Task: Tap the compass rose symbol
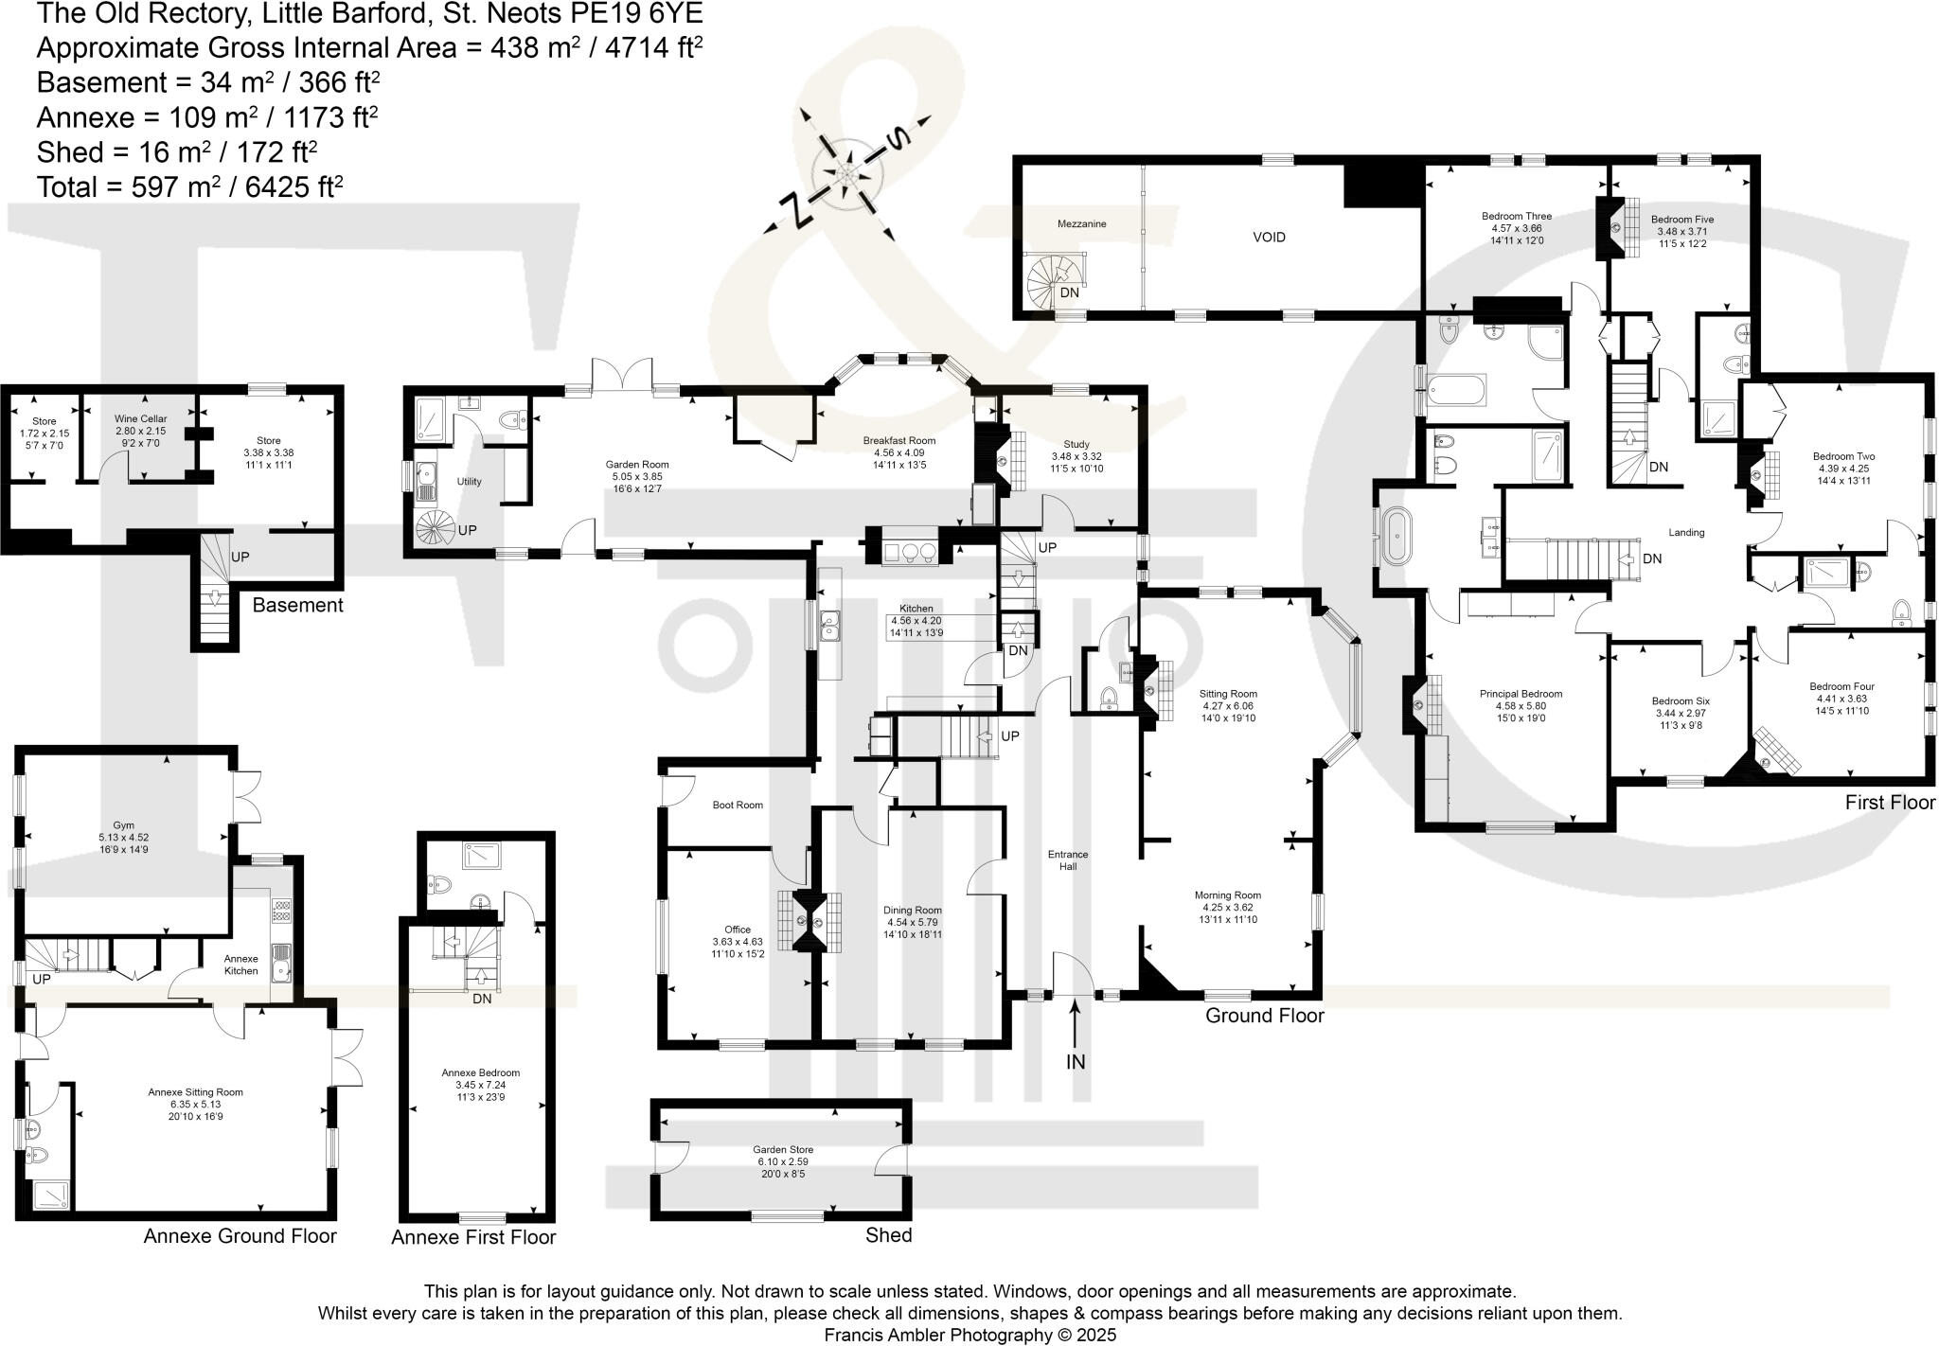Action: [845, 176]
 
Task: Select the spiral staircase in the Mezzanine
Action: [1053, 281]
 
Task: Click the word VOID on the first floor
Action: [1269, 237]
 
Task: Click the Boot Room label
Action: [737, 806]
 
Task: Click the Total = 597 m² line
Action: [189, 186]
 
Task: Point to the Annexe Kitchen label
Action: [240, 965]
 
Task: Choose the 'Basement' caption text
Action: [297, 606]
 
